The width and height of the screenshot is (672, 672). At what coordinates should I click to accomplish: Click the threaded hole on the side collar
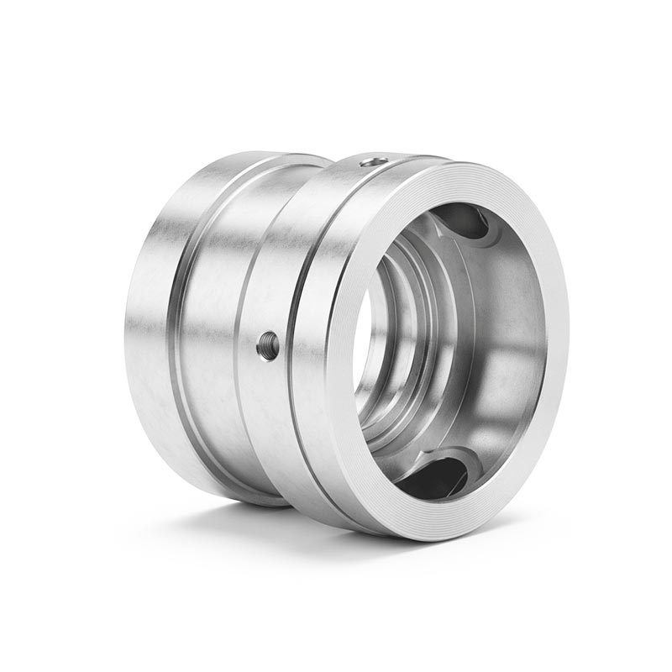[x=268, y=344]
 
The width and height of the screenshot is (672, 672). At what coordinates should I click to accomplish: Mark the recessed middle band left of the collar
[x=210, y=336]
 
